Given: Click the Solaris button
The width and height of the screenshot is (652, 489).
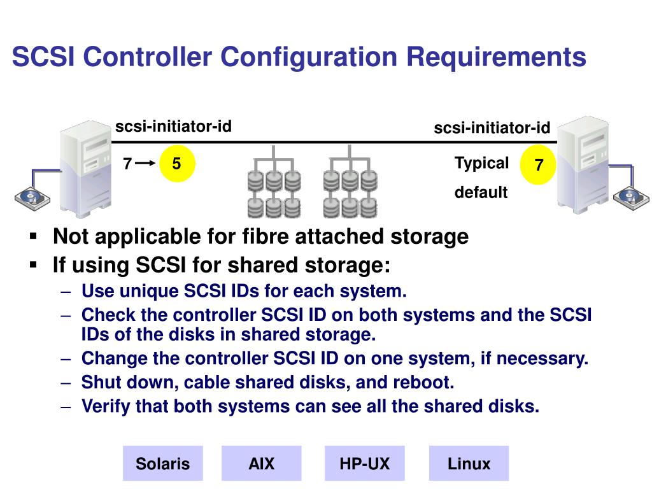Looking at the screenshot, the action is click(162, 463).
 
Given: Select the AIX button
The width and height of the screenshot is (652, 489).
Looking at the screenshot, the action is click(261, 463).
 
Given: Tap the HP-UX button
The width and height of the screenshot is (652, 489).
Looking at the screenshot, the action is click(364, 463).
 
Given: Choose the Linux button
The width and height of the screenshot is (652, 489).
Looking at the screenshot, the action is click(469, 463).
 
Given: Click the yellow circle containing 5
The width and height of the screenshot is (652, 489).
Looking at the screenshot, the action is click(176, 164).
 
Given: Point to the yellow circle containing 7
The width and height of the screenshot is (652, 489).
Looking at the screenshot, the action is click(539, 166).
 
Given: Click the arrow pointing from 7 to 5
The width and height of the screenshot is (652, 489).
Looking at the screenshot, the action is click(145, 164).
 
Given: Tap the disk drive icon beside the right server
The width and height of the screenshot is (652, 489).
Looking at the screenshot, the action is click(631, 196).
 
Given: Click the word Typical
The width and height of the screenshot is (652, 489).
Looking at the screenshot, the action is click(481, 163).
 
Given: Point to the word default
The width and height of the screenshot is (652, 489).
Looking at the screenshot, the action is click(481, 192).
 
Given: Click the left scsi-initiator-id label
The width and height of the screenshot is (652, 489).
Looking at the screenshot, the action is click(173, 127).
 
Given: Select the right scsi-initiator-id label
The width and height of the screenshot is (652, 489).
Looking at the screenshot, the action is click(492, 128).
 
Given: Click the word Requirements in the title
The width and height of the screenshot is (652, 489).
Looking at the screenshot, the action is click(497, 57).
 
